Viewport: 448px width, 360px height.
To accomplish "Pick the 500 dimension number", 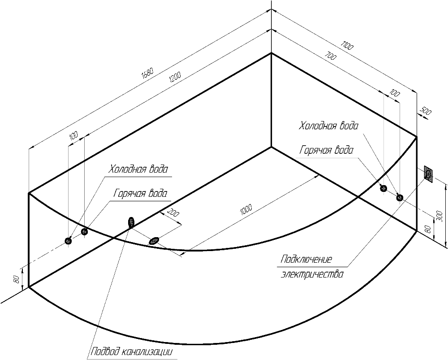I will tap(426, 112).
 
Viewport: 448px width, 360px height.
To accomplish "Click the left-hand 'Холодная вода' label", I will tap(139, 170).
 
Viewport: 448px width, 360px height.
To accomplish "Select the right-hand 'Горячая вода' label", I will tap(326, 150).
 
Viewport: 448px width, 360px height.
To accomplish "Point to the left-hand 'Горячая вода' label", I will tap(141, 194).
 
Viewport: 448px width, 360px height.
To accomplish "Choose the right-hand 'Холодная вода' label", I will tap(329, 126).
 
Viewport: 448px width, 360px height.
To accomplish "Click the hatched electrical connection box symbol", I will tap(429, 173).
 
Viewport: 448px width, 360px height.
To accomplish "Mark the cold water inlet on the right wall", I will tap(400, 197).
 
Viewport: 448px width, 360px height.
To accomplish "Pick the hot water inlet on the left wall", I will tap(84, 231).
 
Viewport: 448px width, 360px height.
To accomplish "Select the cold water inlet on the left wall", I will tap(69, 241).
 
